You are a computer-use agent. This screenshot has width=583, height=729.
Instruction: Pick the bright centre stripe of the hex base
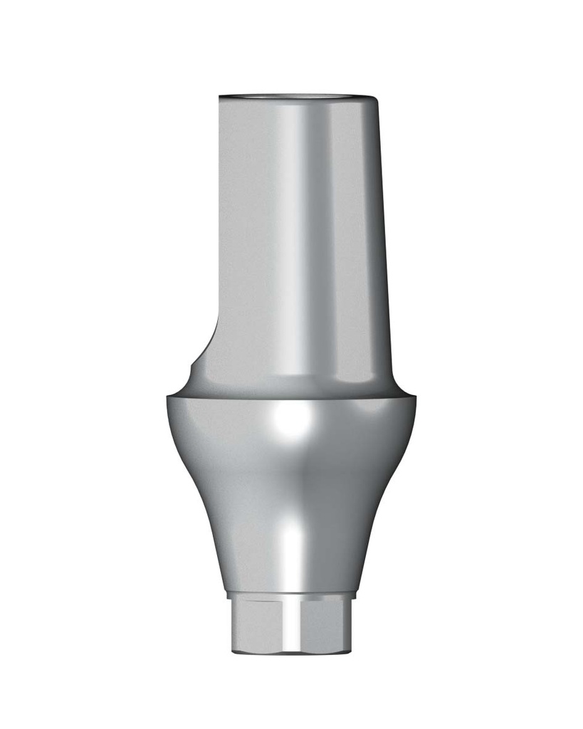292,626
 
